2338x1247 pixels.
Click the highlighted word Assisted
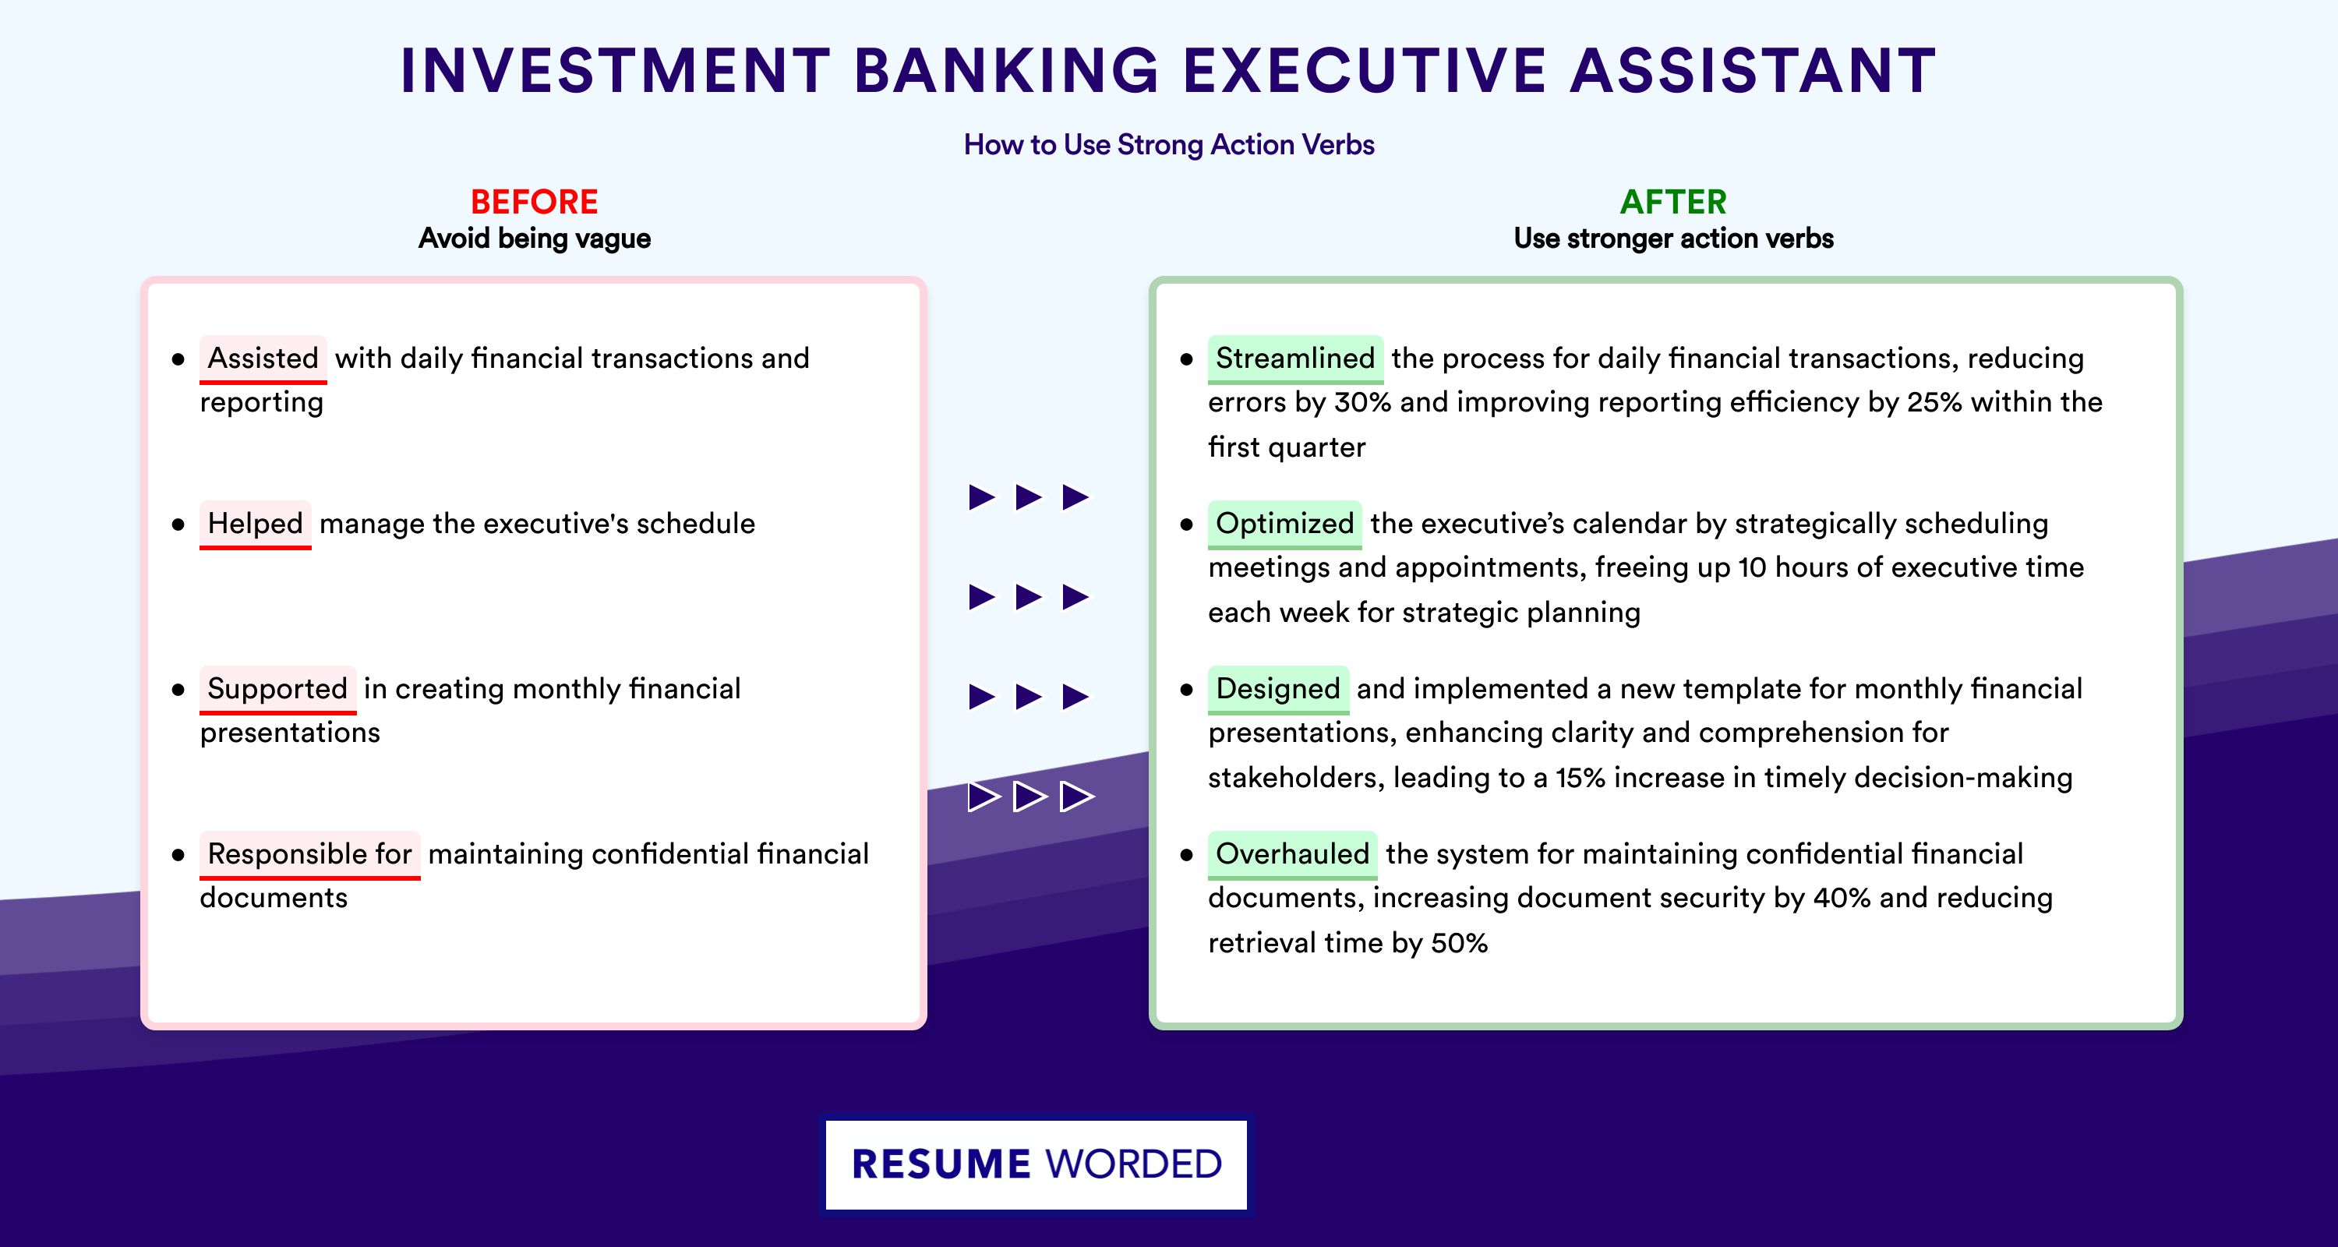tap(263, 359)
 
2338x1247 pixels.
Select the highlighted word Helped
tap(255, 524)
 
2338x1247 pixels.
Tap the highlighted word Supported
tap(277, 689)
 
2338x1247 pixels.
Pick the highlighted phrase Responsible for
tap(309, 854)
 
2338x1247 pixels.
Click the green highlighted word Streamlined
tap(1295, 359)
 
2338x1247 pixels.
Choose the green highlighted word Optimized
tap(1284, 524)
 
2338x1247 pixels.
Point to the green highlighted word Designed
tap(1278, 689)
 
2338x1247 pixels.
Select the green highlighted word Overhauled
tap(1292, 854)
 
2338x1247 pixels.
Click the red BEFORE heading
tap(535, 202)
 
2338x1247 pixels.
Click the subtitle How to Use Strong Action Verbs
tap(1169, 144)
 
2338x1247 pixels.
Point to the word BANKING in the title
tap(1007, 70)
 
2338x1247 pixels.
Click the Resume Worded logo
tap(1037, 1164)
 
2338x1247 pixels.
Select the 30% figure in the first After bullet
tap(1362, 402)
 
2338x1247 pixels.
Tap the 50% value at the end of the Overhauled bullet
tap(1460, 943)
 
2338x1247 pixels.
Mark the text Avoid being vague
tap(535, 238)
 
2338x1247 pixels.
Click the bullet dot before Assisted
tap(178, 359)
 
